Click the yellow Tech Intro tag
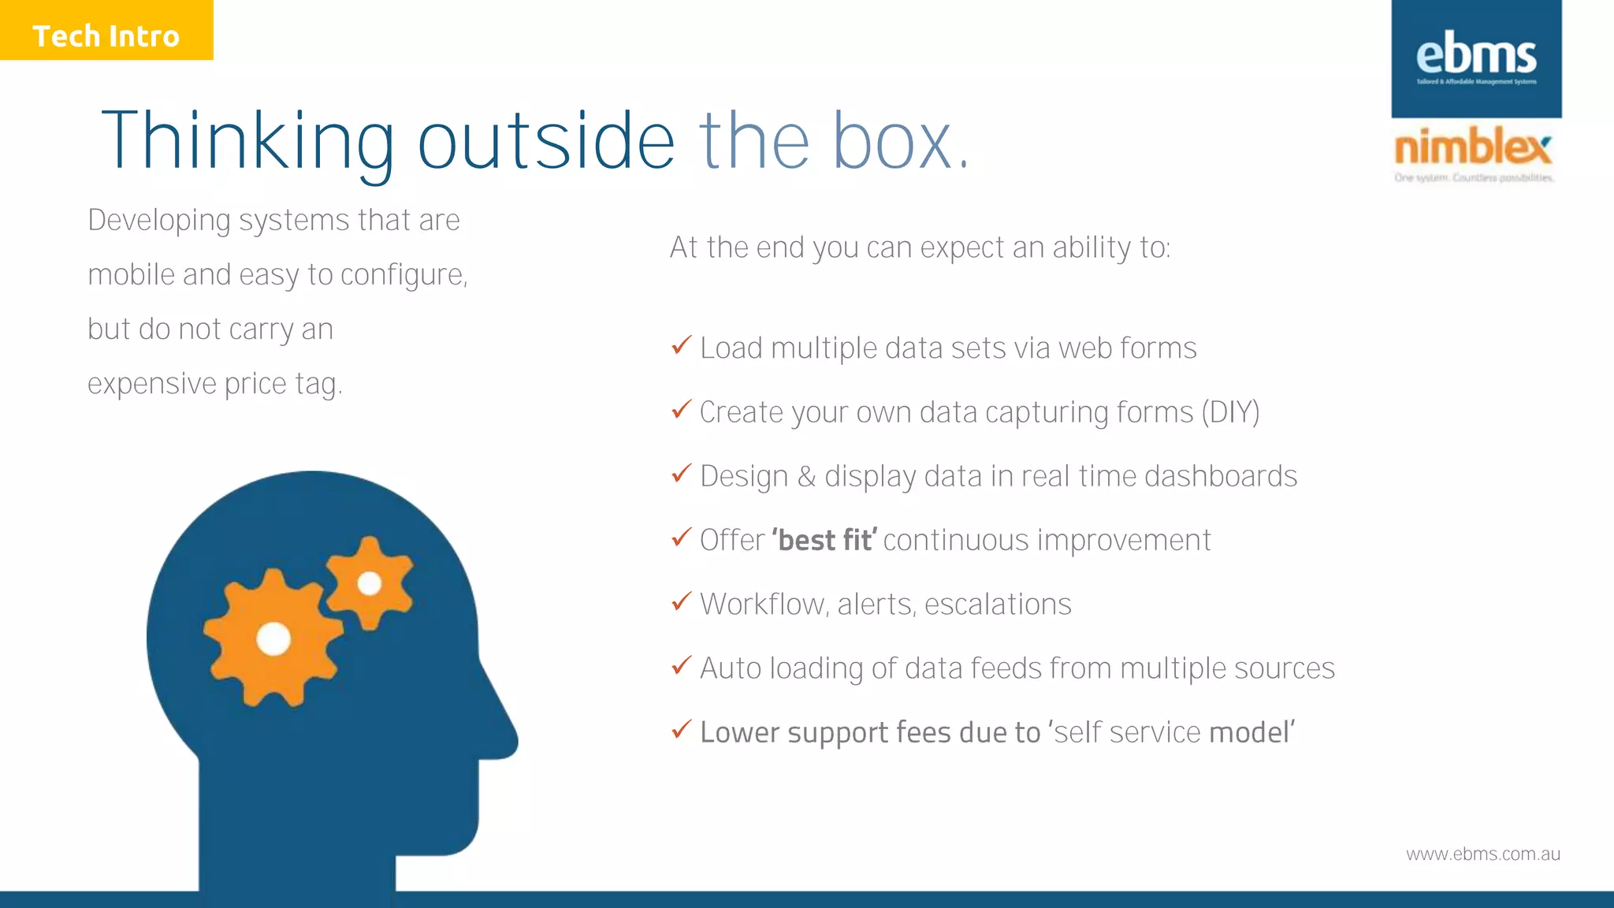point(106,31)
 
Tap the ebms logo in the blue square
point(1476,58)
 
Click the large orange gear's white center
point(273,638)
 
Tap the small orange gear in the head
point(369,583)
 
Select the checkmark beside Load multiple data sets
point(682,345)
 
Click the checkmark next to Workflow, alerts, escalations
point(682,601)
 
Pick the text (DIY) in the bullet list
point(1230,412)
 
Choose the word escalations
point(998,605)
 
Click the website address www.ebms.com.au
point(1482,854)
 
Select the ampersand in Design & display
point(805,477)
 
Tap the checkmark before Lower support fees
point(682,730)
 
